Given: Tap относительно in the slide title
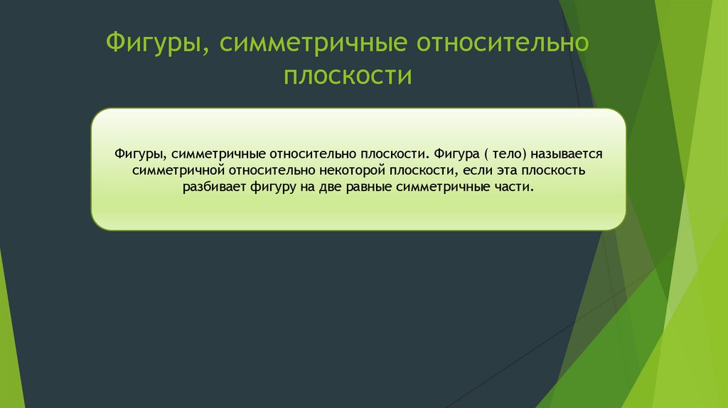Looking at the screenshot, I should (503, 45).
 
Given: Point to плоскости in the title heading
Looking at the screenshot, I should (348, 75).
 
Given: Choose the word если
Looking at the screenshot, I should (478, 171).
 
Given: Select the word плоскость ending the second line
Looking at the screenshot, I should (555, 171).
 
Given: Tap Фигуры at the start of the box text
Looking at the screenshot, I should (137, 154).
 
